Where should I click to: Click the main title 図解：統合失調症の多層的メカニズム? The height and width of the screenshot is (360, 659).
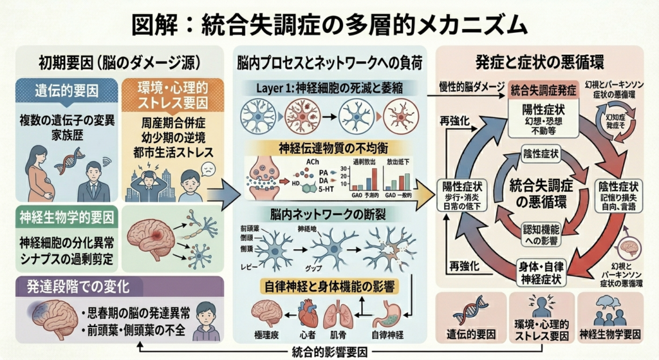(x=329, y=24)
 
